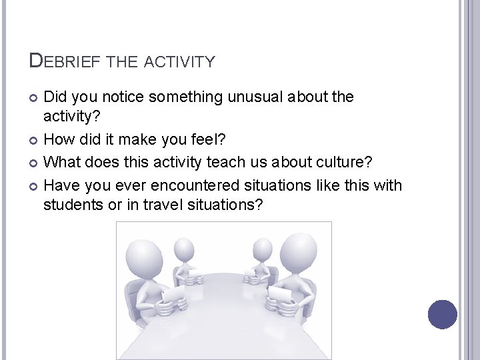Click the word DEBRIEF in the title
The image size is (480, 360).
click(x=64, y=61)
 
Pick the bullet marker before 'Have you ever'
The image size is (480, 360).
click(x=35, y=185)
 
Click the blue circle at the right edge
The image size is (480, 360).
click(x=443, y=314)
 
